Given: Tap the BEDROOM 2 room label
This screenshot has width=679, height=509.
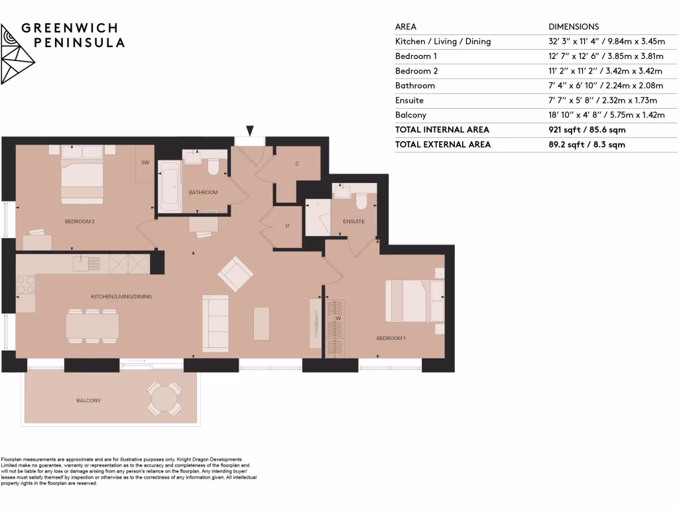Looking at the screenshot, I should [x=80, y=221].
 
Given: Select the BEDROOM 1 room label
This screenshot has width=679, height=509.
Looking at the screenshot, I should [x=391, y=338].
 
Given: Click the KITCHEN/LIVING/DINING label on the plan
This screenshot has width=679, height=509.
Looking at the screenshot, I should [x=121, y=296].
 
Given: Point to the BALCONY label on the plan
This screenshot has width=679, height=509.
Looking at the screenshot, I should [x=88, y=400].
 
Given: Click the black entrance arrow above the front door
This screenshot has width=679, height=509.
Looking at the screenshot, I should [x=250, y=131].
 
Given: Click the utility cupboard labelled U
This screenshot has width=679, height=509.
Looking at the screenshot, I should [x=286, y=226].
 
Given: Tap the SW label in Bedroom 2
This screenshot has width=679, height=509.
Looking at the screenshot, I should [x=145, y=162].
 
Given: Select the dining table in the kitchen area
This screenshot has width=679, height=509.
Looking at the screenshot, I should [x=92, y=325].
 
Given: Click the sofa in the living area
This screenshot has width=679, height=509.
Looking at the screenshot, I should [x=216, y=323].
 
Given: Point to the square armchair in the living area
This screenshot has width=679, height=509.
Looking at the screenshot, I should [x=235, y=272].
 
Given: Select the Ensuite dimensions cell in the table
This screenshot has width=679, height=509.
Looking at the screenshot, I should [x=602, y=100].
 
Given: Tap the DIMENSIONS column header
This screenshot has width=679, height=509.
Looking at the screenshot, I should [x=574, y=27].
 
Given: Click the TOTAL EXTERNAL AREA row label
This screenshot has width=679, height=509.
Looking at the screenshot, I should [x=443, y=144].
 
